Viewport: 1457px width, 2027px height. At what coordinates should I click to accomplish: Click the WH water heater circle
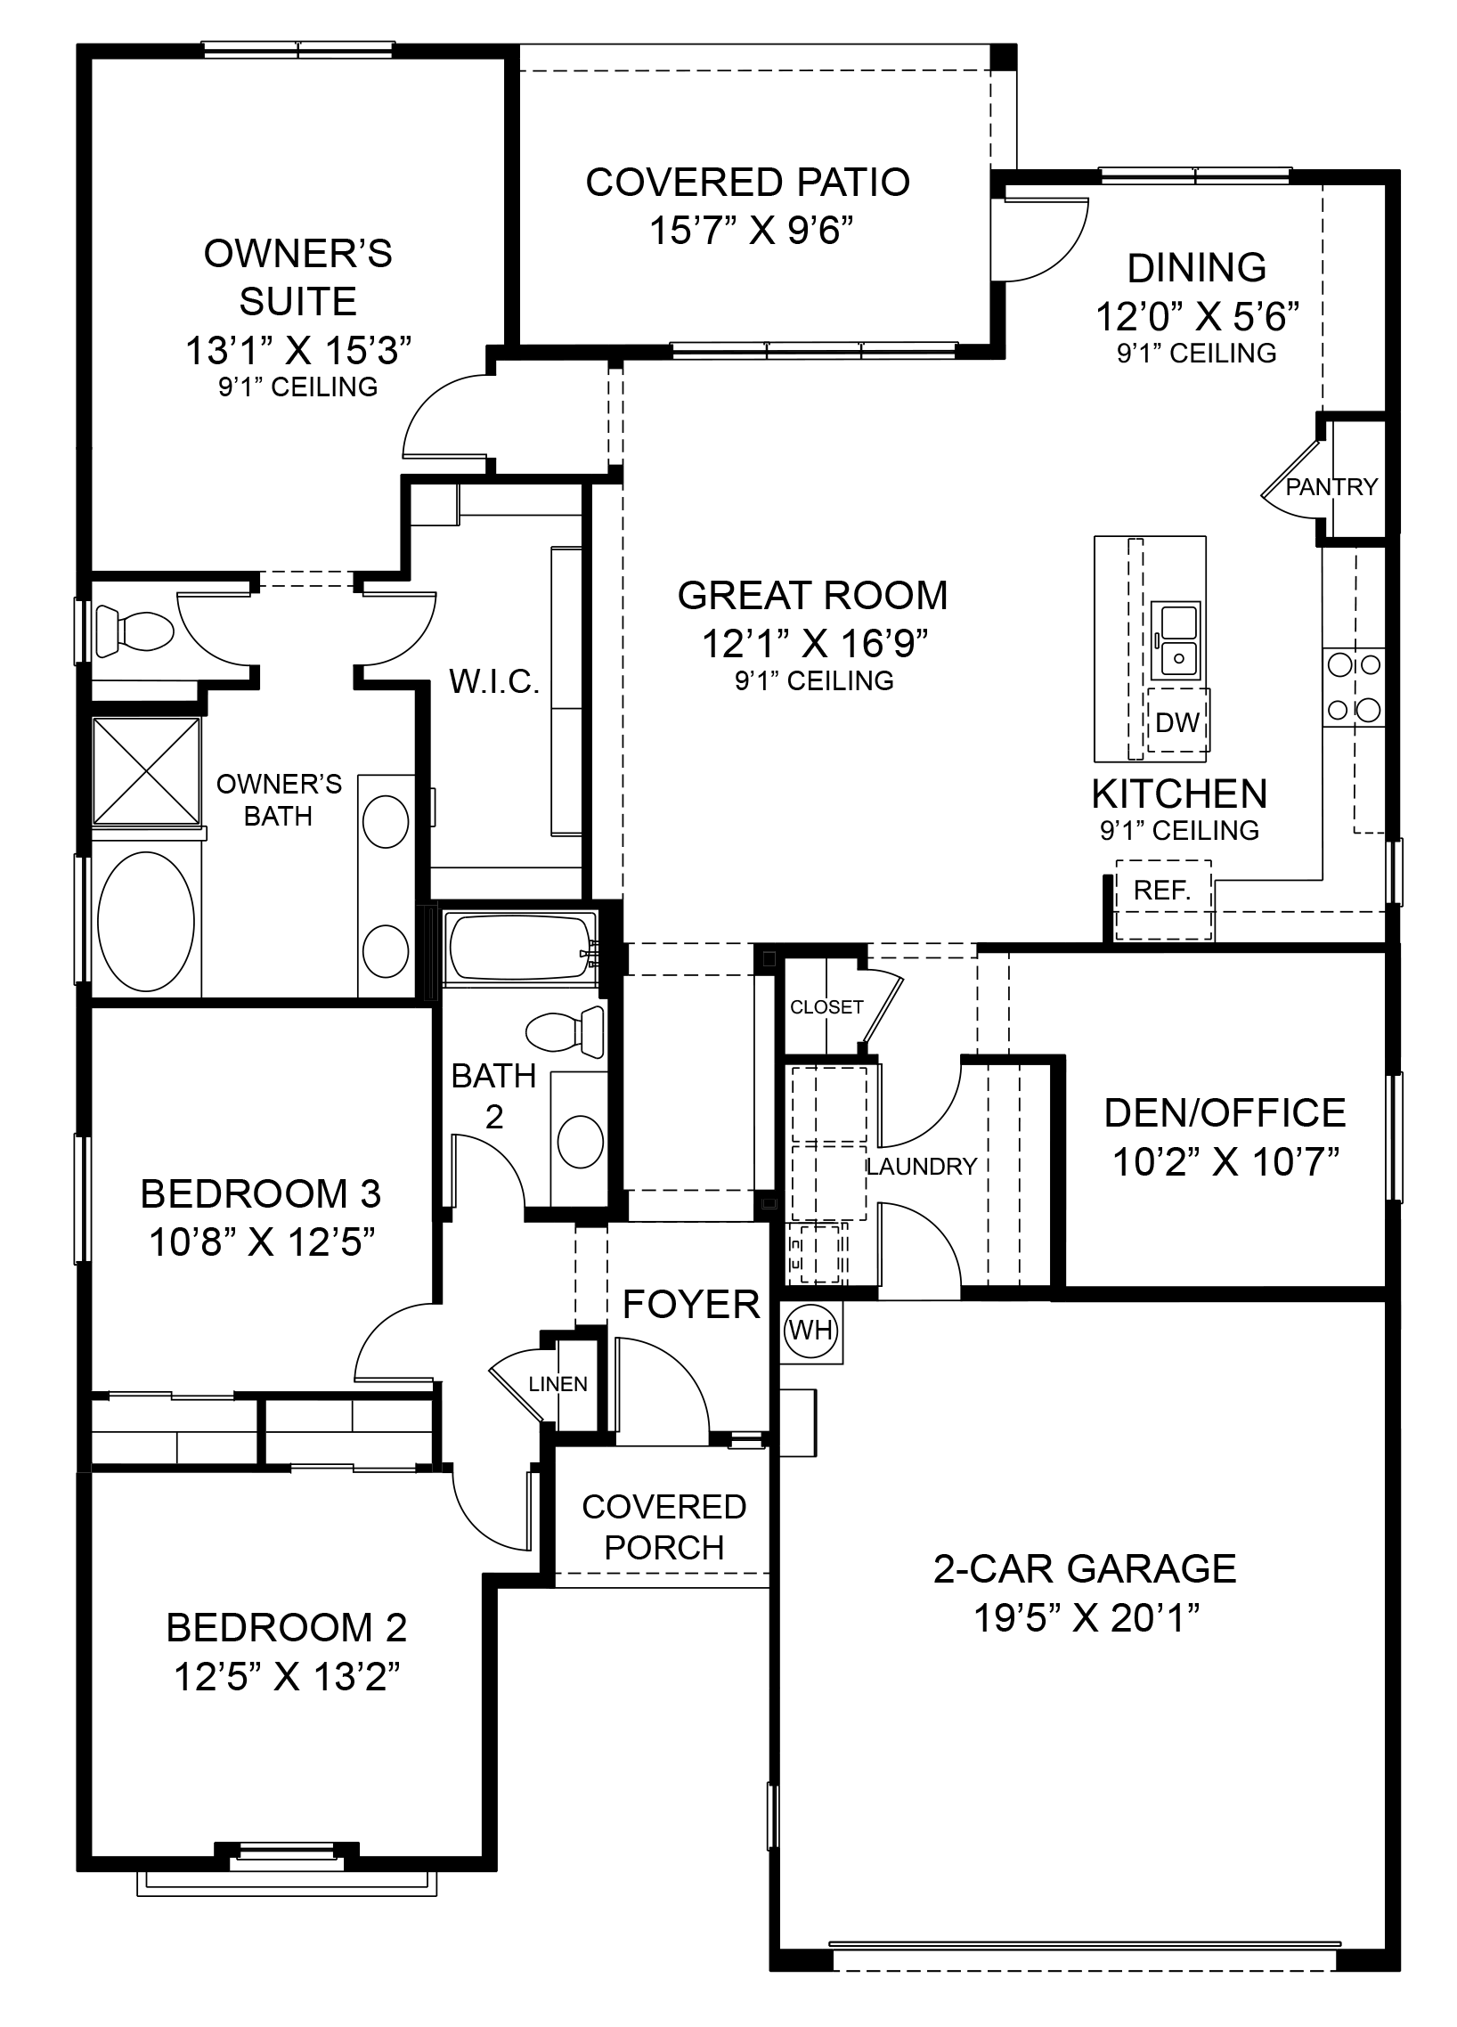810,1331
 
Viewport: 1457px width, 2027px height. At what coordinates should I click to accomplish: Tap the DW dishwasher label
1177,722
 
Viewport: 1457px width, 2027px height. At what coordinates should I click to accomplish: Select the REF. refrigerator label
1162,891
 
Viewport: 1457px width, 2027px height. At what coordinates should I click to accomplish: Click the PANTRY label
1331,487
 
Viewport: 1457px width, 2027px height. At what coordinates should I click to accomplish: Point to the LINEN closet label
558,1384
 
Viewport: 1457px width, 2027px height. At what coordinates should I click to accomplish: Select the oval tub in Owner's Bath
146,921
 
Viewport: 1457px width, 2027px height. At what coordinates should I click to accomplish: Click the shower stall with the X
147,770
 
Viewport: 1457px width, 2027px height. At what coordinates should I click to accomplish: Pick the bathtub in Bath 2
522,947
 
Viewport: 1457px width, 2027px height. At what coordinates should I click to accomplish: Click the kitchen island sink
1177,639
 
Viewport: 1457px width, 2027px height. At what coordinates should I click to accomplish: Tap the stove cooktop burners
1354,688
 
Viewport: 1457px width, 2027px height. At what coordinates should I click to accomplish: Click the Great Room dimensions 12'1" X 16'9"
814,643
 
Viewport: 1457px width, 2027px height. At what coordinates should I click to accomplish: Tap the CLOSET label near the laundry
826,1006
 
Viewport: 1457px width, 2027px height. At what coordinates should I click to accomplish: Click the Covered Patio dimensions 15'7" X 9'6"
751,230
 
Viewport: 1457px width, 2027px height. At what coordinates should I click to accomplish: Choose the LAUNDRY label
921,1167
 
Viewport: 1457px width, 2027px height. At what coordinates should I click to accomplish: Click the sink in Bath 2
580,1142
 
